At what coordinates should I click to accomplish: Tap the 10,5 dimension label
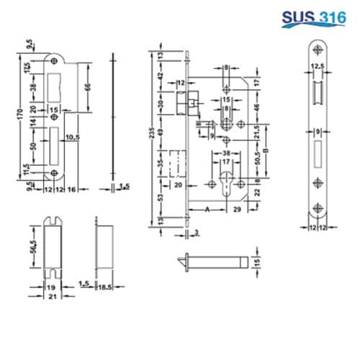[73, 136]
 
